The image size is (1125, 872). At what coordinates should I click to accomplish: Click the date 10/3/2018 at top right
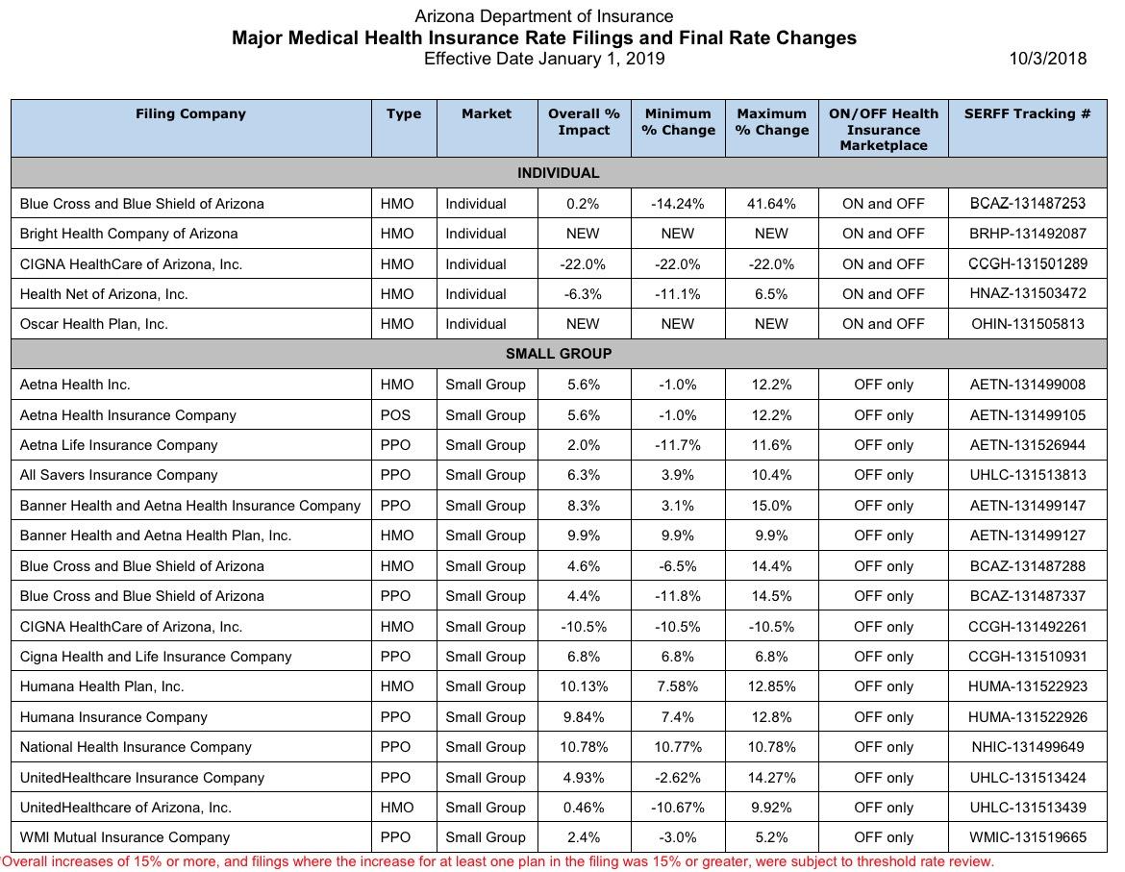click(1047, 59)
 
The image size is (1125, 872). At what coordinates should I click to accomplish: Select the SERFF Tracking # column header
click(1028, 114)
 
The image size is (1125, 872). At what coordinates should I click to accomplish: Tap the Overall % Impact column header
click(584, 122)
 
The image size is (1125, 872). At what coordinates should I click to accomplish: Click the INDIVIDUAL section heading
click(559, 173)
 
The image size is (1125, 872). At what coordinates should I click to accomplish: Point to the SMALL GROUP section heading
click(559, 354)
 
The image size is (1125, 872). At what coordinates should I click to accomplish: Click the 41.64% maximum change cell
click(771, 204)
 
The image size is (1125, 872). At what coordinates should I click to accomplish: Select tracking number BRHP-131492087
click(1028, 234)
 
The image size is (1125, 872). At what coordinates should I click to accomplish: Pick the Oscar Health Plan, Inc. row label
click(94, 324)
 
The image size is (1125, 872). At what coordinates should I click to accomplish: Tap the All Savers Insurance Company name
click(118, 476)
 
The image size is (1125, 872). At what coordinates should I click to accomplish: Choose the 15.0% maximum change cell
click(771, 506)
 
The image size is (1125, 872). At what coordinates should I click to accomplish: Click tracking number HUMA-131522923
click(1028, 686)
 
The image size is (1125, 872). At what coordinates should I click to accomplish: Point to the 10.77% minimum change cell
click(677, 747)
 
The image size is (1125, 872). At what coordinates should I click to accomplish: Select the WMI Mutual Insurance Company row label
click(125, 837)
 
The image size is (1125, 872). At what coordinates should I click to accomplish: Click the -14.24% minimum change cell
click(677, 204)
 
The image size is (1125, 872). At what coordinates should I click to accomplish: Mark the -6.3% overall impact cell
click(583, 294)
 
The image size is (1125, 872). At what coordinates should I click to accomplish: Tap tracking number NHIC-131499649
click(1028, 747)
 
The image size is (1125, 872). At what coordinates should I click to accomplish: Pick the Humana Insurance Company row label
click(113, 717)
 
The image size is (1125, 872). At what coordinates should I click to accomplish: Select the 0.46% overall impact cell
click(583, 808)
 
